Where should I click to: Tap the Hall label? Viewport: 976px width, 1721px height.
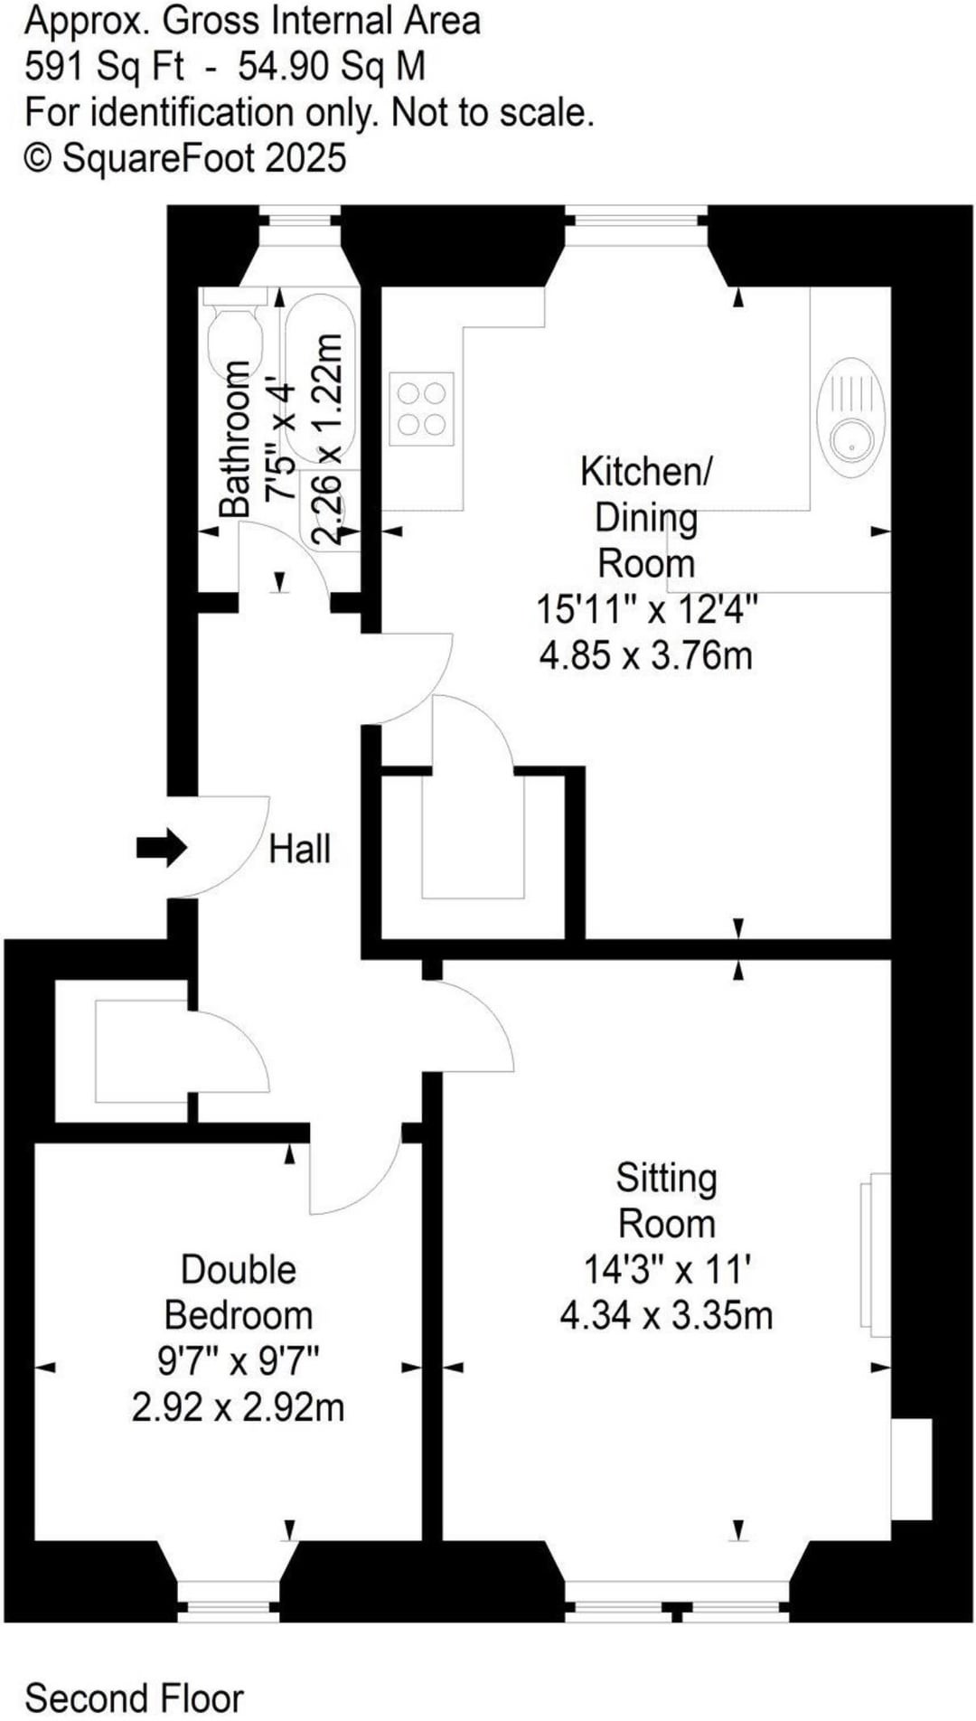coord(300,849)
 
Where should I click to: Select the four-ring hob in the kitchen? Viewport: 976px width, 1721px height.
coord(421,409)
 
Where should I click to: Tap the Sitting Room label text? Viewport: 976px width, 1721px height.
coord(667,1200)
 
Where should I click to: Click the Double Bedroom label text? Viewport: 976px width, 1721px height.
coord(239,1293)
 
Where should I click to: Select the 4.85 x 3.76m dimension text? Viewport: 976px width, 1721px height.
coord(646,654)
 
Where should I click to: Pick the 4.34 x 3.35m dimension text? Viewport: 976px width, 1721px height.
coord(667,1315)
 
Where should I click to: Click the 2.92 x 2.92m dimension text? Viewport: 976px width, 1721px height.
coord(239,1407)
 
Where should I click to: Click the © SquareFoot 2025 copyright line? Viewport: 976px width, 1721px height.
coord(185,158)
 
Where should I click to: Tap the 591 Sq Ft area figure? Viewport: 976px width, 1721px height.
coord(104,67)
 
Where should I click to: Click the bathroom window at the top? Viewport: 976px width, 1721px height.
coord(299,216)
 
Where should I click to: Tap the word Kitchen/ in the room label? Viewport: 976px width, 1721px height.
coord(646,472)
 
